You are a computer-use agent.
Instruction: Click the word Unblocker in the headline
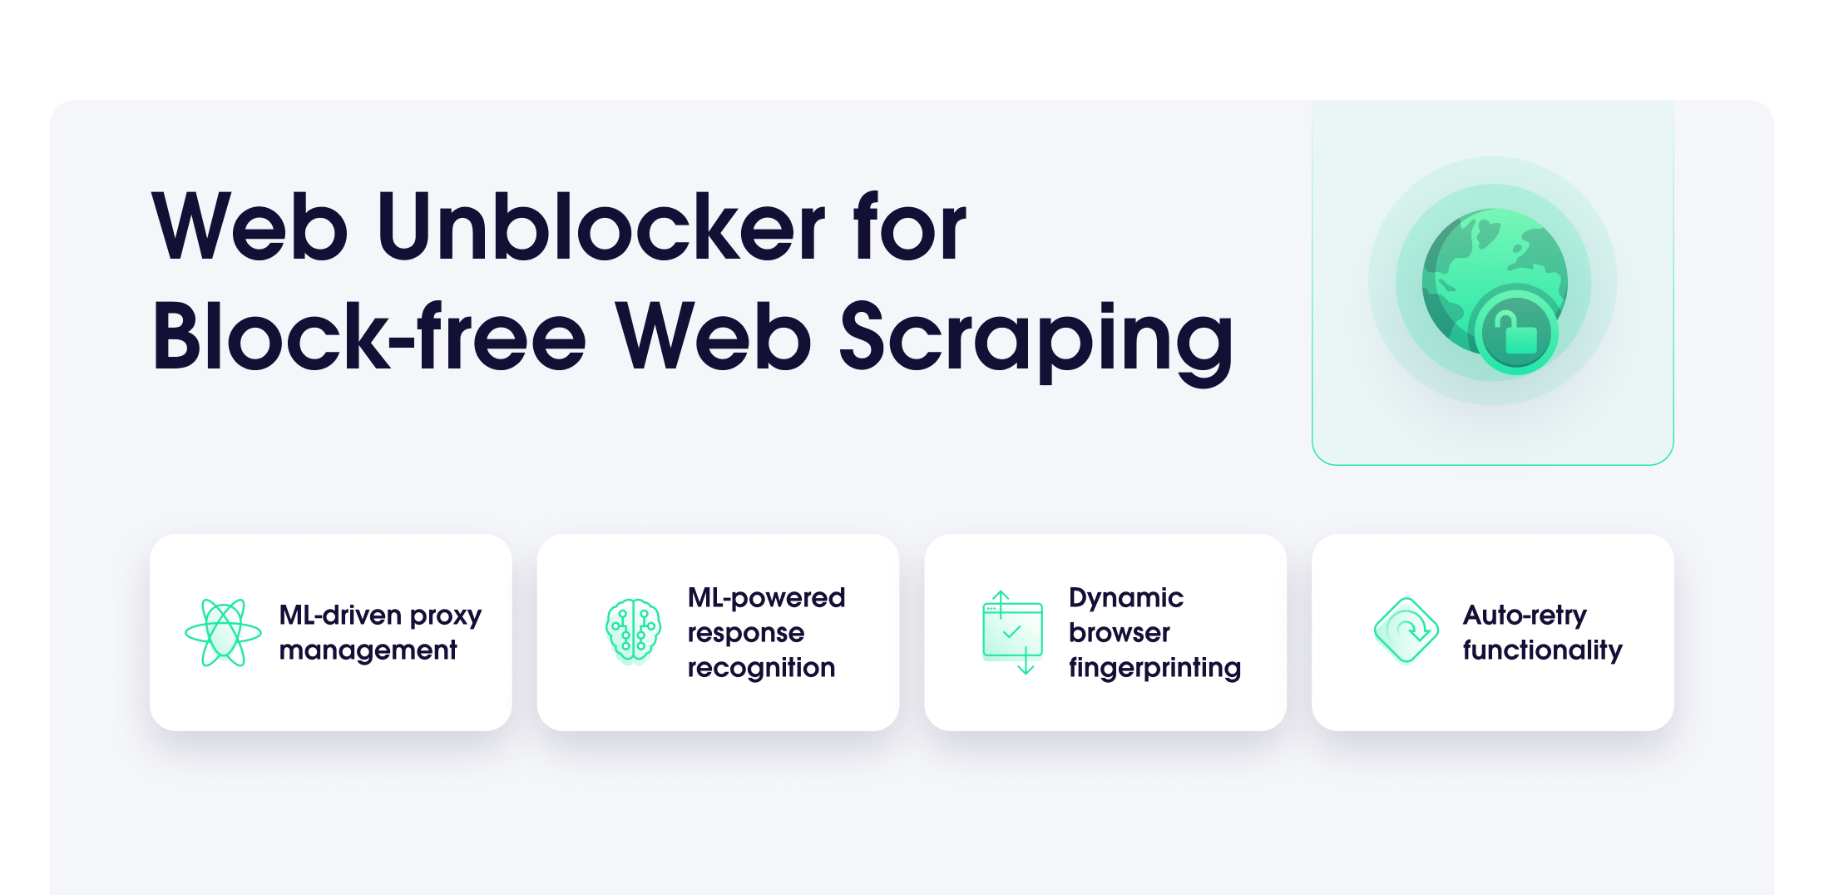point(601,226)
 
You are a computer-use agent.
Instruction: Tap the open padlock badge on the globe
point(1515,332)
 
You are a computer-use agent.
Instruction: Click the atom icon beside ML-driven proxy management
point(223,633)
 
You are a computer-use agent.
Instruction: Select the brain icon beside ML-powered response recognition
point(633,631)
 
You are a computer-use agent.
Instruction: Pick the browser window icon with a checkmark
point(1012,633)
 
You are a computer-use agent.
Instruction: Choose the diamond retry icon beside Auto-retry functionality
point(1406,631)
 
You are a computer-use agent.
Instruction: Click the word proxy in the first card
point(445,616)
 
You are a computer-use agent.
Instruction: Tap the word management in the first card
point(368,650)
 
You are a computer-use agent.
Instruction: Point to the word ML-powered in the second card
point(766,599)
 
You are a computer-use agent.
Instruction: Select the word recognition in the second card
point(761,668)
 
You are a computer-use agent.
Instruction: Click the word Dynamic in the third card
point(1125,599)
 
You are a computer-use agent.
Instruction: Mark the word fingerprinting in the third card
point(1154,668)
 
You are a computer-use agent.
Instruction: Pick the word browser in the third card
point(1119,634)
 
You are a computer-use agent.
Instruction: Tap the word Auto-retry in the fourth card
point(1525,616)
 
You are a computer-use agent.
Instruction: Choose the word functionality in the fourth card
point(1542,650)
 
